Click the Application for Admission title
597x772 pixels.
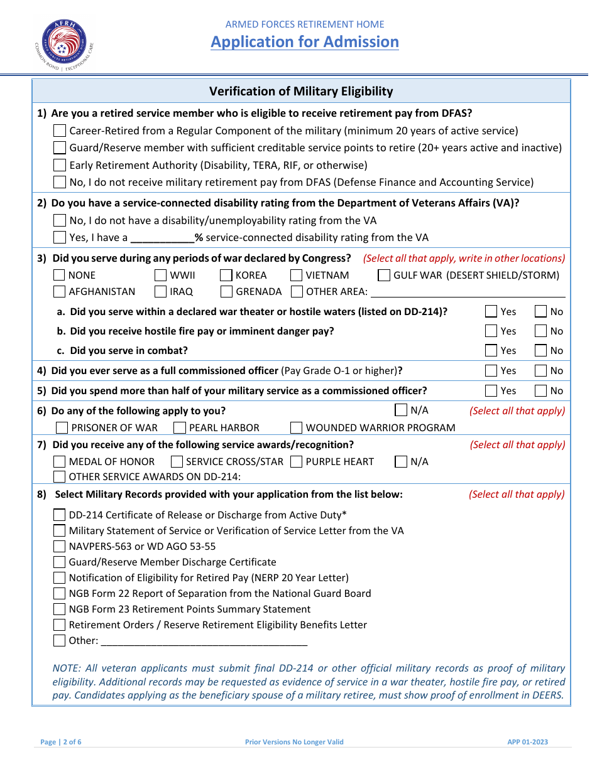305,42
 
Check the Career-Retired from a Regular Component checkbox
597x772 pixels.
60,131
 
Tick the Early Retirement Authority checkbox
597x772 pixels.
60,166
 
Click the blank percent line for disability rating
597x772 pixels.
162,239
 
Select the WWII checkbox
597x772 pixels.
160,276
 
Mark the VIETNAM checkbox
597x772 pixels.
297,276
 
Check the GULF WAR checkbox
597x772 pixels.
384,276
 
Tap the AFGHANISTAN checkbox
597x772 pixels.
60,292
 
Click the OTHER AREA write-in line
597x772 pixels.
468,292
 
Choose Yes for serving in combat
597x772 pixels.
491,351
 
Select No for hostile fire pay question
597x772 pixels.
540,331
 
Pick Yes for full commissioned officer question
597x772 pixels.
491,371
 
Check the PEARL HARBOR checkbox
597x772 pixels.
180,428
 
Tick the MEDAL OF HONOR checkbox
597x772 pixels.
60,462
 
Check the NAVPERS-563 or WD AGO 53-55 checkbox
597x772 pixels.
60,547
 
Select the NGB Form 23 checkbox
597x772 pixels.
60,609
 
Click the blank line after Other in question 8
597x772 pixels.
204,641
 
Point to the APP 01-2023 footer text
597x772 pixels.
528,742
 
